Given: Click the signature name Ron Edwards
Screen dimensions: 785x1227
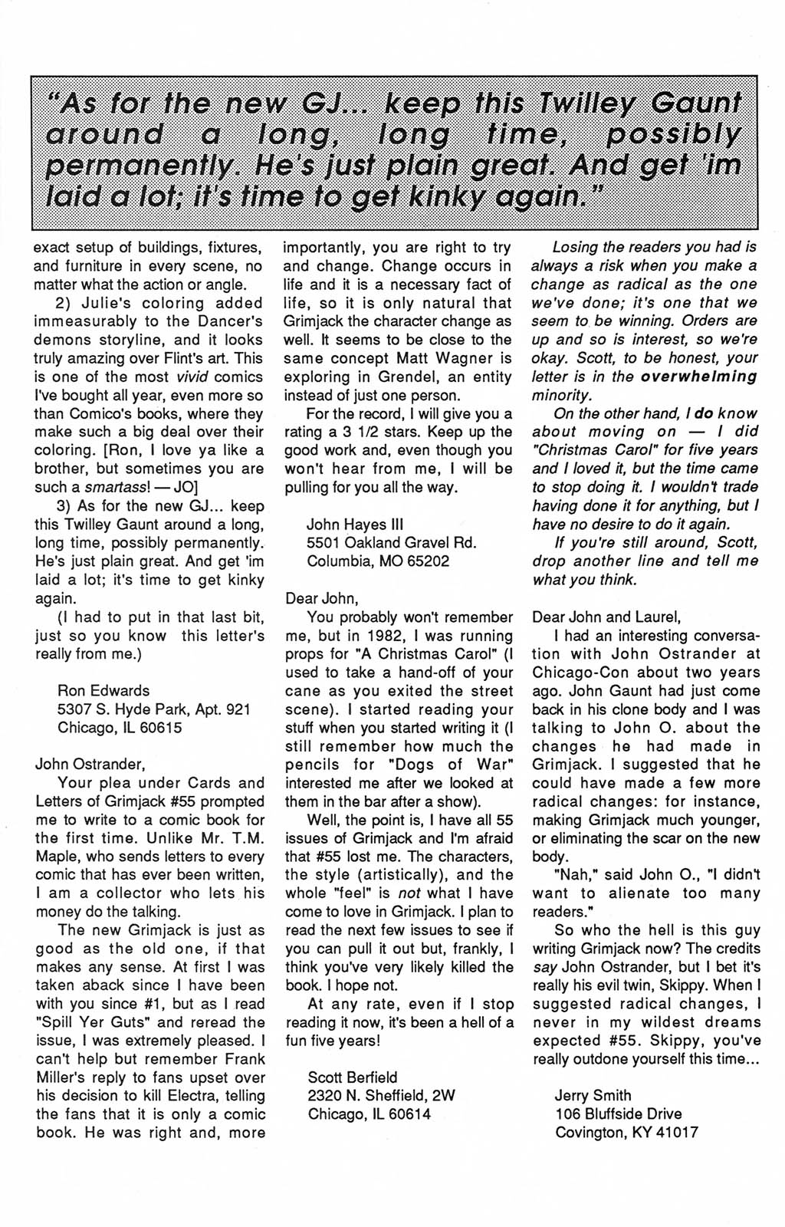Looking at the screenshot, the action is pyautogui.click(x=103, y=690).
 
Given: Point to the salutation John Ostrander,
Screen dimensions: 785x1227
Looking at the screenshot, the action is pyautogui.click(x=89, y=764).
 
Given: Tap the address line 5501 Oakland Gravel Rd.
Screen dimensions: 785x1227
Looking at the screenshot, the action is pyautogui.click(x=392, y=543).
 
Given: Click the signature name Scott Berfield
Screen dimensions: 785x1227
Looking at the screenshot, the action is pyautogui.click(x=353, y=1077).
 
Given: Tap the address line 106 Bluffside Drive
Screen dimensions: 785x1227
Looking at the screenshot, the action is pyautogui.click(x=618, y=1114).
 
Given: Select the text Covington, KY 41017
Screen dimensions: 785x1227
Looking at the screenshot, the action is pyautogui.click(x=626, y=1132).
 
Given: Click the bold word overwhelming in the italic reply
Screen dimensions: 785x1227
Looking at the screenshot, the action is pyautogui.click(x=698, y=377).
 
